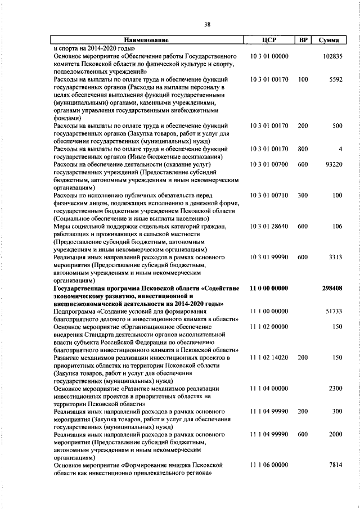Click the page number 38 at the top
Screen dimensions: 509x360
tap(207, 24)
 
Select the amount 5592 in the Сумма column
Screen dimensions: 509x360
tap(336, 80)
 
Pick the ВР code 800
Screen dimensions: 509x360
tap(303, 148)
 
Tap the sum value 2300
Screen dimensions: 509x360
tap(336, 388)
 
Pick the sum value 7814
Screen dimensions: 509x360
tap(336, 466)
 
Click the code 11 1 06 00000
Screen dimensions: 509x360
tap(269, 466)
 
